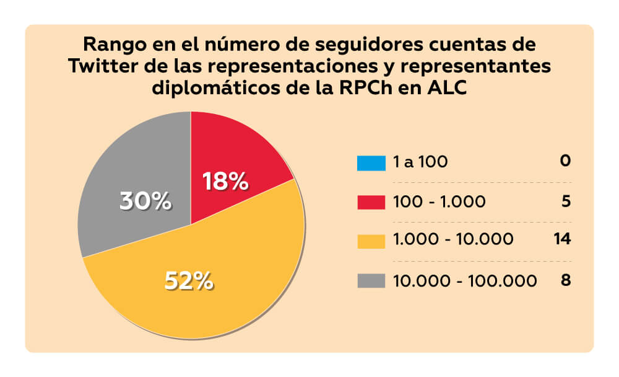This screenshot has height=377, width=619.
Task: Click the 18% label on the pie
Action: (x=226, y=182)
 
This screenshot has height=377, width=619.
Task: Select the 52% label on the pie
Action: (x=189, y=281)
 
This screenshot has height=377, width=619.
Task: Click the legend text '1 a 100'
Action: (x=420, y=162)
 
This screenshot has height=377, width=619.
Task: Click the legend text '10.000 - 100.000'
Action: (x=465, y=281)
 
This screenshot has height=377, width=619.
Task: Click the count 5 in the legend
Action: (x=565, y=202)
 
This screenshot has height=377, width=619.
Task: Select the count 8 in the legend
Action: (x=565, y=280)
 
